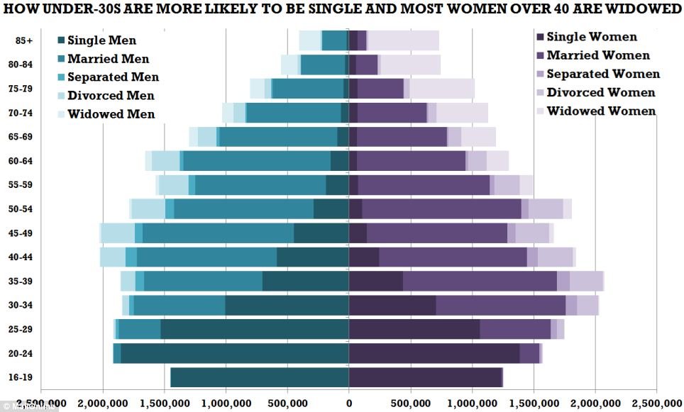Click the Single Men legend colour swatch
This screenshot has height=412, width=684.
pos(60,41)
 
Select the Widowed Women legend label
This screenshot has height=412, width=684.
pos(601,111)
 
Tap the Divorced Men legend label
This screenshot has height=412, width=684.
pos(111,96)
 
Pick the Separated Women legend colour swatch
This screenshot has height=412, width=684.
pos(539,74)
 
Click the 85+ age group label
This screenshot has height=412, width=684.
pos(24,41)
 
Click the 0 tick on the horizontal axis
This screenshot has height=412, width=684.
pos(348,402)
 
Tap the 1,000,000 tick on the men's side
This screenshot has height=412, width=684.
pos(226,402)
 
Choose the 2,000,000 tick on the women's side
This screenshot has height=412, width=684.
pos(595,402)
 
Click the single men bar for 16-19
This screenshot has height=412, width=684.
pos(259,377)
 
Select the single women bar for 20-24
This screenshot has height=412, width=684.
pos(434,353)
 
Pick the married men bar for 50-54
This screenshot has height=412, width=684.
pos(243,209)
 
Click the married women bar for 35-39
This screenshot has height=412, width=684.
pos(480,282)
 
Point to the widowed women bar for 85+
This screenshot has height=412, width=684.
pos(403,41)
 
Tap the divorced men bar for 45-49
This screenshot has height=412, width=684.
pos(117,233)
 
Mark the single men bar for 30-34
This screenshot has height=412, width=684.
pos(287,306)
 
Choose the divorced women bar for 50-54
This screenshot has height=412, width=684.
pos(546,209)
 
